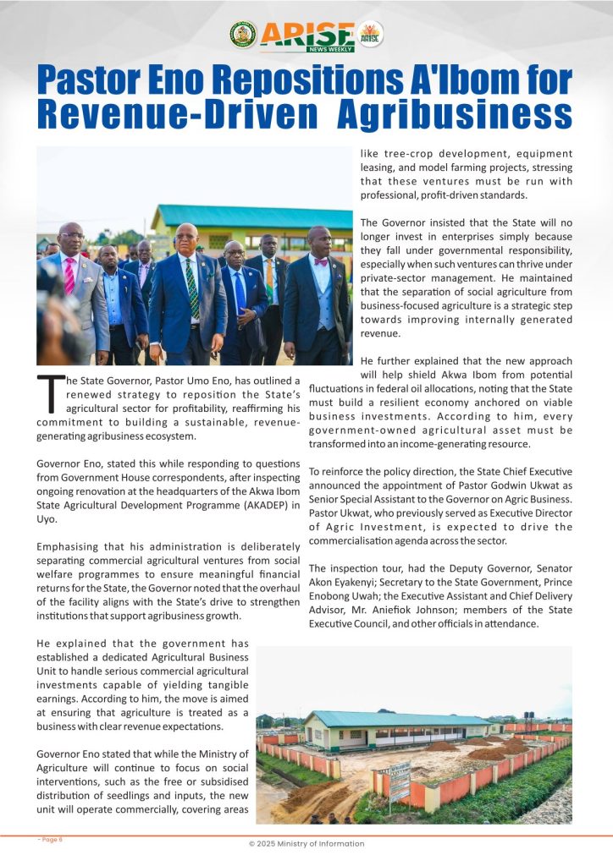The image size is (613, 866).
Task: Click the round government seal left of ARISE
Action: [243, 34]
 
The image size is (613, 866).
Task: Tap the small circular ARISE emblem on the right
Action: [370, 34]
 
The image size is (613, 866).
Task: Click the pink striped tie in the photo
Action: [70, 276]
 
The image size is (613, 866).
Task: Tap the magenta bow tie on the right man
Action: [319, 261]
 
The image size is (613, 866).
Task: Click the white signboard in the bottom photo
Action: [399, 776]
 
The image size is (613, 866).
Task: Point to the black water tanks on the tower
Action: [529, 715]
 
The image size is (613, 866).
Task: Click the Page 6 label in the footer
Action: [51, 839]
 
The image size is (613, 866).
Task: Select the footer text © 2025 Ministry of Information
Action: [306, 843]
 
